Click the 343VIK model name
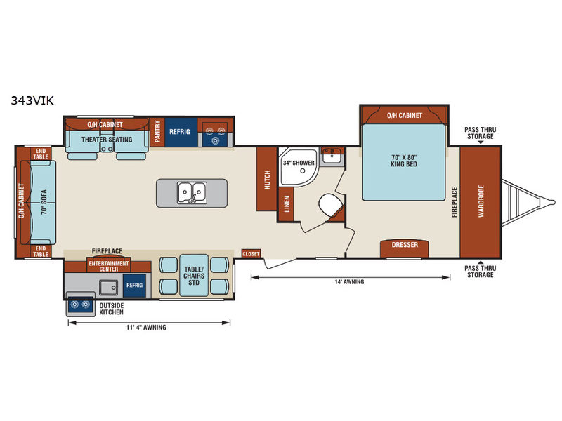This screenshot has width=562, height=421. tap(32, 100)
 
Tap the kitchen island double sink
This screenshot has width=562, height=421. tap(192, 192)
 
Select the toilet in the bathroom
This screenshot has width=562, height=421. tap(329, 205)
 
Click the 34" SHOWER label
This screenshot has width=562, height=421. tap(299, 163)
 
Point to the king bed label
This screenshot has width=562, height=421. tap(404, 161)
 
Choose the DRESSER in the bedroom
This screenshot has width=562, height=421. tap(405, 248)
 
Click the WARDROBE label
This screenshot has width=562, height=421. tap(481, 201)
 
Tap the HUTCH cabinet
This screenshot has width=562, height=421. tap(267, 179)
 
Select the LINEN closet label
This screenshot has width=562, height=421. tap(287, 203)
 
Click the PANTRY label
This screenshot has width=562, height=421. tap(157, 131)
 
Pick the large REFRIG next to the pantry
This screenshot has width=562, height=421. tap(181, 132)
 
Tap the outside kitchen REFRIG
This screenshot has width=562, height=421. tap(134, 286)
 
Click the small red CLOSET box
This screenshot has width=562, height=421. tap(251, 254)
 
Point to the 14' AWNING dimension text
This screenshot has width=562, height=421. tap(349, 282)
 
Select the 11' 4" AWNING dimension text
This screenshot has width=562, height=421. tap(146, 327)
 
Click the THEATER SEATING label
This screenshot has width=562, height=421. tap(107, 139)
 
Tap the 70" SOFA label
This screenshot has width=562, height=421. tap(44, 202)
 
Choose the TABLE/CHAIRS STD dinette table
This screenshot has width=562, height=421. tap(194, 276)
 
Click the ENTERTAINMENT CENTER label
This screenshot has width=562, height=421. tap(109, 266)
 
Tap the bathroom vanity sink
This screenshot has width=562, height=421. tap(332, 156)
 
